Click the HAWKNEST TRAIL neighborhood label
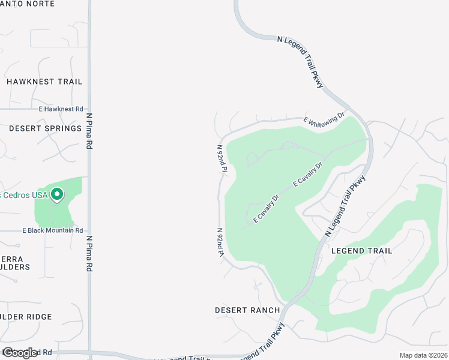coord(44,82)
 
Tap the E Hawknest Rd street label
coord(61,109)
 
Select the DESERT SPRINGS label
coord(45,128)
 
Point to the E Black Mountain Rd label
coord(52,230)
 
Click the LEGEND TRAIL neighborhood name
coord(361,251)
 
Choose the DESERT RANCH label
coord(247,310)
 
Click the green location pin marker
coord(57,194)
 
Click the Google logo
coord(20,353)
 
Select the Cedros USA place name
coord(24,195)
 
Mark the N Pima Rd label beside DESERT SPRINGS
coord(89,131)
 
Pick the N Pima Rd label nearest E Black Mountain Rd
coord(89,253)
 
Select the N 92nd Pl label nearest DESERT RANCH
coord(220,242)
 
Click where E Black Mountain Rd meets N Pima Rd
coord(89,230)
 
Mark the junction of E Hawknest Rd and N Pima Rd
coord(89,109)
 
